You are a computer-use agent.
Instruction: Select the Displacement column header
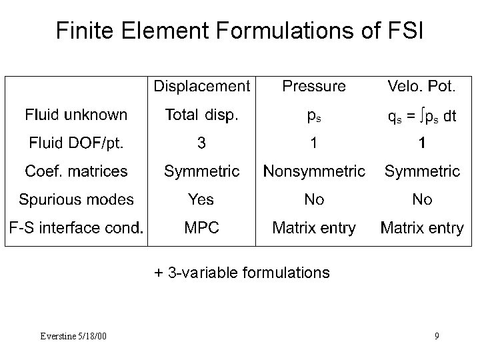[202, 86]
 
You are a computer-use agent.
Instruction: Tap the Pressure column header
[314, 86]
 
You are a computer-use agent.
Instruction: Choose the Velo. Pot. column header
[422, 86]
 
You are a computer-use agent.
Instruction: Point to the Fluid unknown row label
[76, 115]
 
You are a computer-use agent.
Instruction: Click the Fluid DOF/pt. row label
[76, 143]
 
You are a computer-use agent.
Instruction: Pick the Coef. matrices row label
[76, 171]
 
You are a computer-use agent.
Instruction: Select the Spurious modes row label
[76, 199]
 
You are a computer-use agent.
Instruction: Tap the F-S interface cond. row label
[76, 228]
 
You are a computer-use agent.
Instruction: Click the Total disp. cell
[202, 115]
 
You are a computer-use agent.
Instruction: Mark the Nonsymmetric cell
[314, 171]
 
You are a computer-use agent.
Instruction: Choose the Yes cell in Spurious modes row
[202, 199]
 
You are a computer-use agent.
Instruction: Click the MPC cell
[202, 228]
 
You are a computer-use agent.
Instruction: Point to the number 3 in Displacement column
[202, 143]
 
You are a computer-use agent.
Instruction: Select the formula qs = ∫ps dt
[422, 116]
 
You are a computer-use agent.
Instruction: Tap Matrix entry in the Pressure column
[314, 228]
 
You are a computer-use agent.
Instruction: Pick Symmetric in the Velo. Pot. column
[422, 171]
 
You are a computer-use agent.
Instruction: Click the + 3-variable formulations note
[241, 272]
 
